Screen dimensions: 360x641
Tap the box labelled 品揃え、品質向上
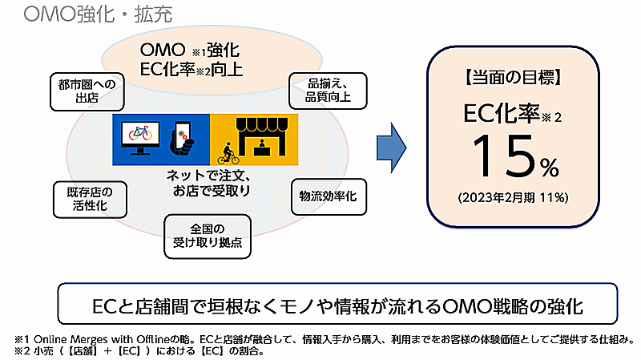327,91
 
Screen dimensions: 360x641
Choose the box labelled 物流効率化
328,195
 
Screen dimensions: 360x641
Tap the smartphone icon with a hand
182,136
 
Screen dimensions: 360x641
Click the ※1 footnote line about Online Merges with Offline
320,338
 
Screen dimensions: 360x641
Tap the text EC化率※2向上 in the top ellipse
191,69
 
